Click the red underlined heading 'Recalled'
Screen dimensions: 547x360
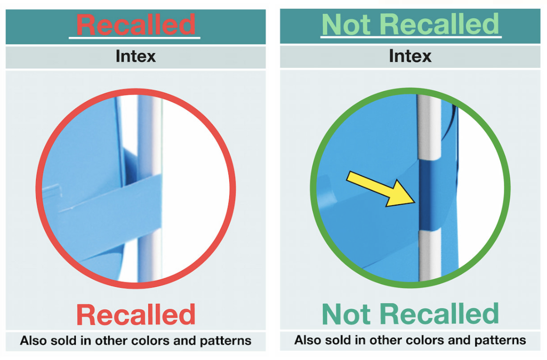(x=136, y=25)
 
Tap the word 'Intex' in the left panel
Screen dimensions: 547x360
(x=136, y=56)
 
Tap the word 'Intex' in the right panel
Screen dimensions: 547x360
(x=410, y=56)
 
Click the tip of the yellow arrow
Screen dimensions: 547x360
(x=415, y=203)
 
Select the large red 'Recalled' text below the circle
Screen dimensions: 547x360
(x=136, y=315)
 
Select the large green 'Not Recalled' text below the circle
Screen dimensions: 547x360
(x=410, y=314)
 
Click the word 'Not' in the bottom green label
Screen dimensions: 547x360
(x=346, y=314)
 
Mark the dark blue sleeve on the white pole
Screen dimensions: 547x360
(x=429, y=194)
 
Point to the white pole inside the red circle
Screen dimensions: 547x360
(x=149, y=188)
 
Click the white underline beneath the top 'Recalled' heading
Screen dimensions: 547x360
(x=135, y=37)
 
